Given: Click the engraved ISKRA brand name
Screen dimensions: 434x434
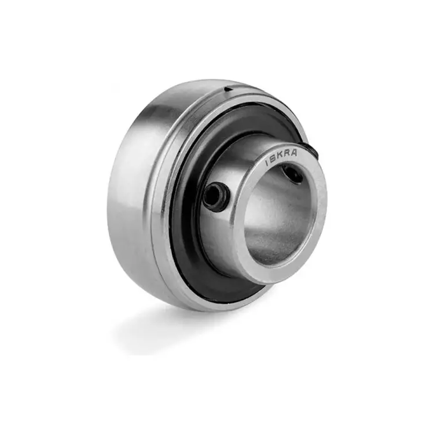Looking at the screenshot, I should (x=282, y=158).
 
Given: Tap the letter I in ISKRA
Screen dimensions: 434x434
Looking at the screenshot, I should (x=267, y=164).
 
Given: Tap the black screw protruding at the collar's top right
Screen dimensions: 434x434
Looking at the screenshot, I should (x=312, y=152).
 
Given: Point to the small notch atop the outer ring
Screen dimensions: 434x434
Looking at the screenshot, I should (x=229, y=88).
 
